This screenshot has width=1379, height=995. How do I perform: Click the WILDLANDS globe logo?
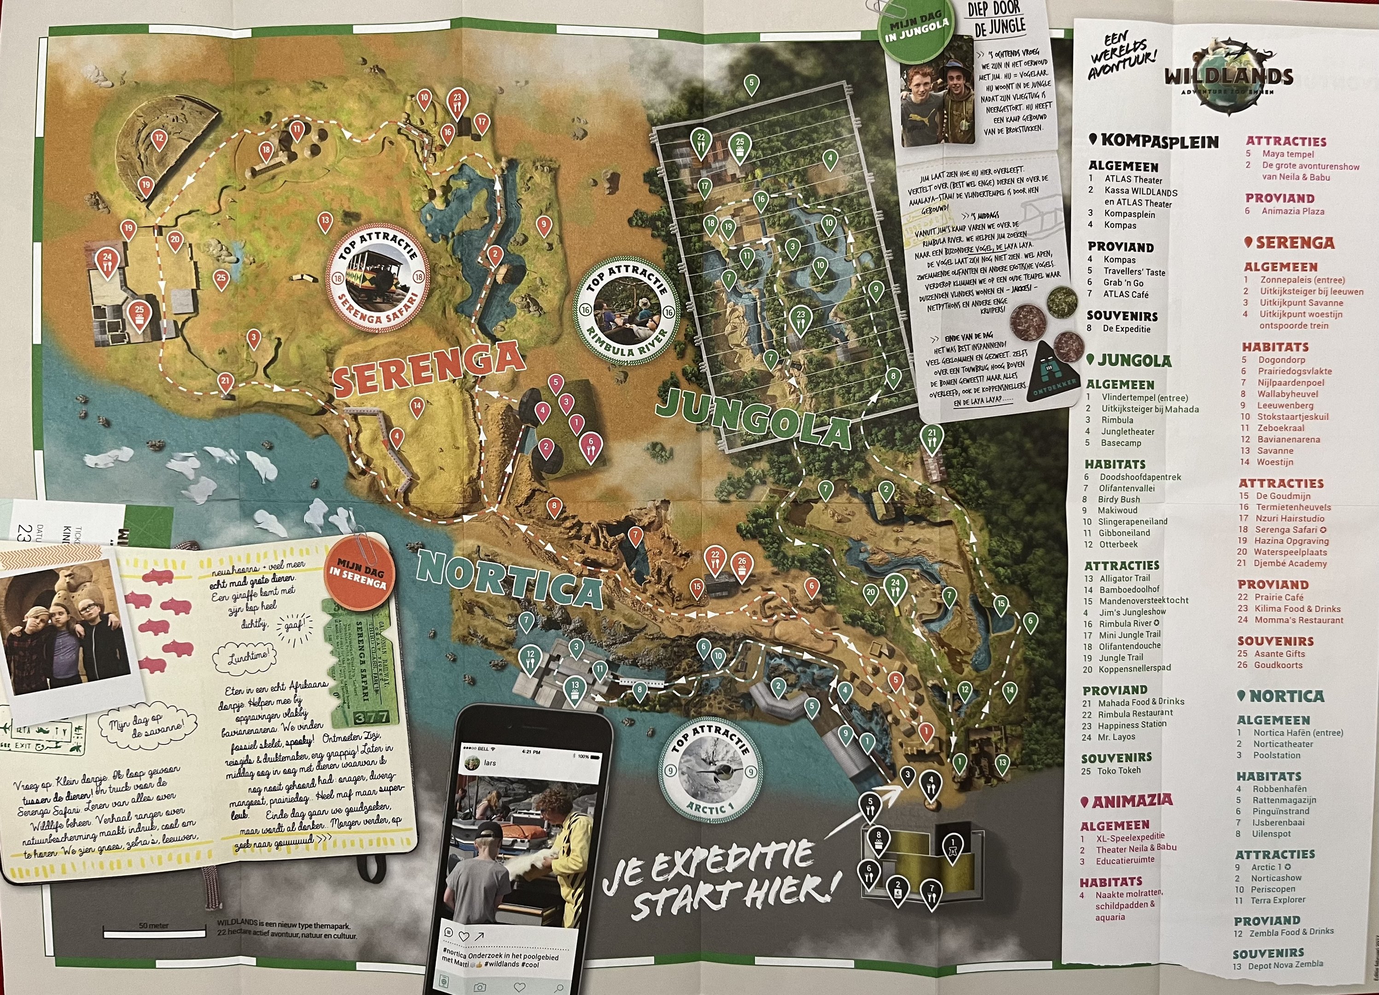coord(1228,76)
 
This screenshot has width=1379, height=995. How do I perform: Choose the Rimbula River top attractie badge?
coord(627,313)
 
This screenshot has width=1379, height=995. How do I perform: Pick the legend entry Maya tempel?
coord(1287,154)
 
